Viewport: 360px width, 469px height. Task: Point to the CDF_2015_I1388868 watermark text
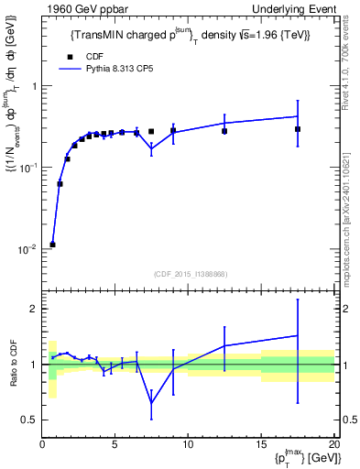[189, 274]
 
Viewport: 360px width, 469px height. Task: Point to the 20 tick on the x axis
[333, 444]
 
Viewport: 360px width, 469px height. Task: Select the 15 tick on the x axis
[261, 444]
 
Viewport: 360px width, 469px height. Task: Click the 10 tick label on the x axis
[188, 444]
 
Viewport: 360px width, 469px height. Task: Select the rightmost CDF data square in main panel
[298, 129]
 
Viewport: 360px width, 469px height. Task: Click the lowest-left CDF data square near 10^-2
[53, 245]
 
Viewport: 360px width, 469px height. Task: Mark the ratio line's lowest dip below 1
[151, 403]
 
